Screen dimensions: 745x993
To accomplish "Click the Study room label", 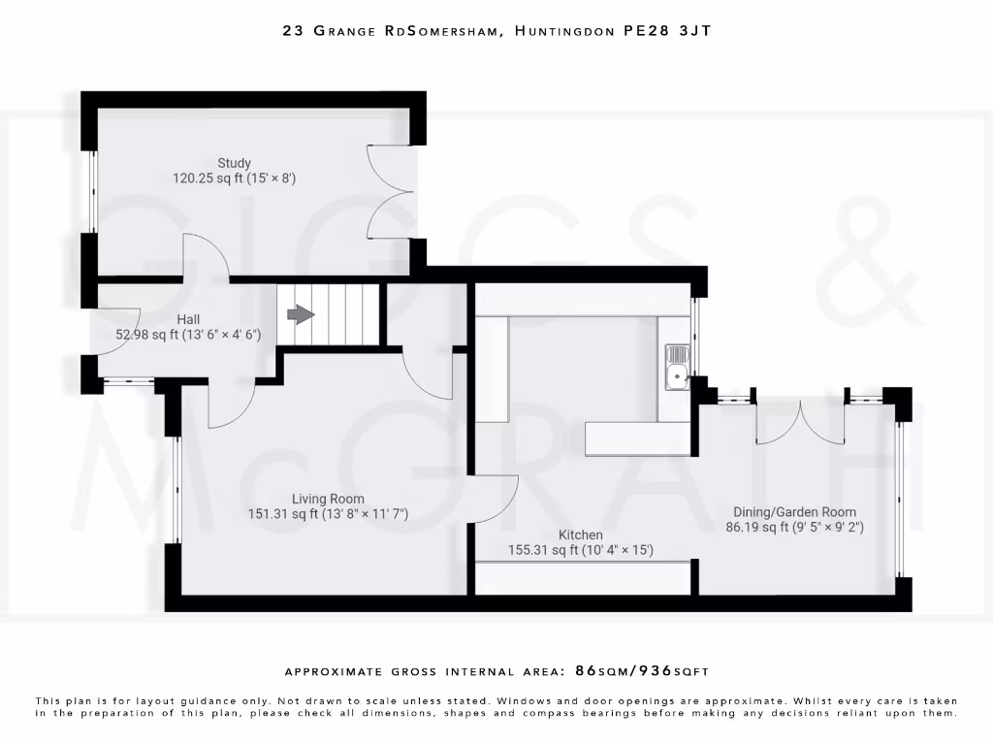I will click(x=234, y=163).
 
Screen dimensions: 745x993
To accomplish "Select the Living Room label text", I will click(x=328, y=499).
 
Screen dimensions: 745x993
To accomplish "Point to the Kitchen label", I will click(x=580, y=534).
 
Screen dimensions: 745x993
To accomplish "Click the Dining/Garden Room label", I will click(x=794, y=512).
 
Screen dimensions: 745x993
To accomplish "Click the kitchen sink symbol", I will click(x=676, y=367).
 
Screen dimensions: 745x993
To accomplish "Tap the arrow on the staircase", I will click(x=302, y=315).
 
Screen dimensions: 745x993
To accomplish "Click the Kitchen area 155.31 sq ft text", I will click(x=546, y=550).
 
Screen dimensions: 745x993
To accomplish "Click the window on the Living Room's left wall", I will click(x=176, y=489).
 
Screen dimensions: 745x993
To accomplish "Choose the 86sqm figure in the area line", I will click(x=600, y=670).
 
